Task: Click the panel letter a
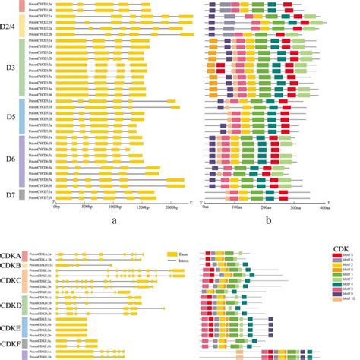click(112, 222)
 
